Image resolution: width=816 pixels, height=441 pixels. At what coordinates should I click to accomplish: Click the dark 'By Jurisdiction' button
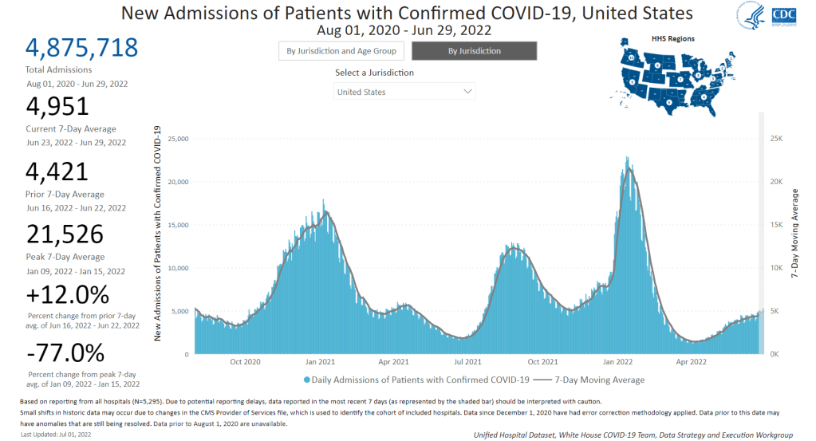pos(474,51)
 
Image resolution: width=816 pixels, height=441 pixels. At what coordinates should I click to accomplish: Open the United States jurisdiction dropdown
pos(404,92)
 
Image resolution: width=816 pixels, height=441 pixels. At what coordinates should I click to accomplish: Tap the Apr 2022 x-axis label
pos(692,362)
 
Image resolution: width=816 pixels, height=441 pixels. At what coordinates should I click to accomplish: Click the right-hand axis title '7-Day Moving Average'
pos(794,233)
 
